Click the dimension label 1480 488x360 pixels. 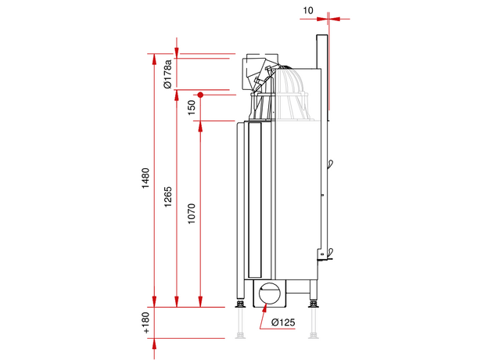click(145, 178)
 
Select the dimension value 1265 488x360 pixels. click(167, 196)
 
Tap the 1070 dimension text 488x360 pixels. click(192, 214)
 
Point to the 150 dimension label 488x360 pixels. click(192, 107)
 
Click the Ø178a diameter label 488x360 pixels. click(167, 74)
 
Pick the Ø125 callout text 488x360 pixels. click(283, 322)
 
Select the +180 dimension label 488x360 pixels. click(146, 322)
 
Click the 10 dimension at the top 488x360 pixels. click(308, 11)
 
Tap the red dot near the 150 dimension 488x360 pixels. click(200, 95)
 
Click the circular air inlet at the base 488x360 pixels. click(269, 293)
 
